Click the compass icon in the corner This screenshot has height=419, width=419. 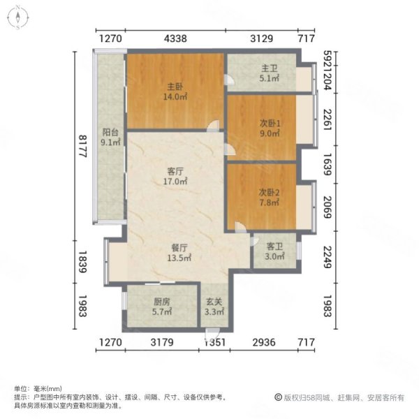[x=17, y=17]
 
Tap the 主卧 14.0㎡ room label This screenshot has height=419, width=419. [x=175, y=91]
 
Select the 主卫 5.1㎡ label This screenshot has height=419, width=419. [x=270, y=73]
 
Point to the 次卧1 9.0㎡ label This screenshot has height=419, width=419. [x=270, y=128]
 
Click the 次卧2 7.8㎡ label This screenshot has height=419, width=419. [x=269, y=197]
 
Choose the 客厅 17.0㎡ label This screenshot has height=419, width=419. [x=175, y=176]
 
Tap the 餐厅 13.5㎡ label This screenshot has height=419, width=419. [x=179, y=253]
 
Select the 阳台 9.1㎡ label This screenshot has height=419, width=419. [x=110, y=138]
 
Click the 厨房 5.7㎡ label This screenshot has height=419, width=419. [x=162, y=307]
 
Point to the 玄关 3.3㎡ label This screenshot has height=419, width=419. [x=214, y=307]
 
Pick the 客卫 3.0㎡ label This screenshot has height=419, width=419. [x=274, y=251]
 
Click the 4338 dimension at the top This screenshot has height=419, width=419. [x=175, y=38]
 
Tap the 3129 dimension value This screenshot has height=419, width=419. [x=262, y=38]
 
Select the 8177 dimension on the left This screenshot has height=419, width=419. [x=82, y=146]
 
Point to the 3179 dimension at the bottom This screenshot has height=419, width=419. [x=162, y=342]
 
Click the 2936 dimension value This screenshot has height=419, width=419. [x=264, y=342]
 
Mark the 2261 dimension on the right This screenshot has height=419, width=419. [x=328, y=119]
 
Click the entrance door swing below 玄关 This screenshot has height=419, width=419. [x=212, y=333]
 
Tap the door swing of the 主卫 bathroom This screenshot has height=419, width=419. [x=230, y=80]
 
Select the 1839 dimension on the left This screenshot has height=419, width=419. [x=82, y=262]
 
